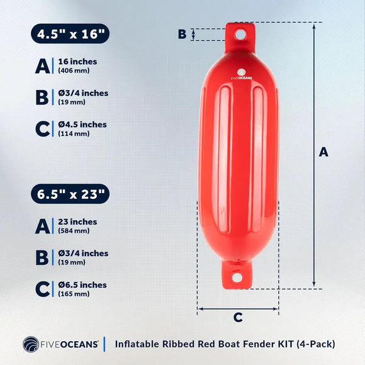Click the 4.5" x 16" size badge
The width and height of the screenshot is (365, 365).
(x=70, y=34)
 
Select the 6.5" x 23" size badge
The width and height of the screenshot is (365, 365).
(x=70, y=194)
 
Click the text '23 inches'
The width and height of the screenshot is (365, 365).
(x=77, y=222)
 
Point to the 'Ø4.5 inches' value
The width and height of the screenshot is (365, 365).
(x=82, y=125)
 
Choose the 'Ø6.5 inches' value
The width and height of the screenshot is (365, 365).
(x=82, y=284)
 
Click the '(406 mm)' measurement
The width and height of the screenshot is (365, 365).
(x=74, y=71)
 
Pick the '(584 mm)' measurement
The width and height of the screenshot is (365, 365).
(x=74, y=230)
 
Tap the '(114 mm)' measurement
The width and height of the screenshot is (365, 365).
(x=73, y=133)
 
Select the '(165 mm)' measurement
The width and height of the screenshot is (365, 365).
(x=73, y=293)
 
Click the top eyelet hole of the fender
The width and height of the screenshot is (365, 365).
(x=240, y=35)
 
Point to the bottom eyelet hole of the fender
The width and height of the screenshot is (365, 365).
(x=237, y=277)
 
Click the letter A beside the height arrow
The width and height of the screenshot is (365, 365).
(x=323, y=152)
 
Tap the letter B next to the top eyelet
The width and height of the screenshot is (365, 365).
(x=182, y=34)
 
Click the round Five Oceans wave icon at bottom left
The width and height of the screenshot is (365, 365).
(x=31, y=344)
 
